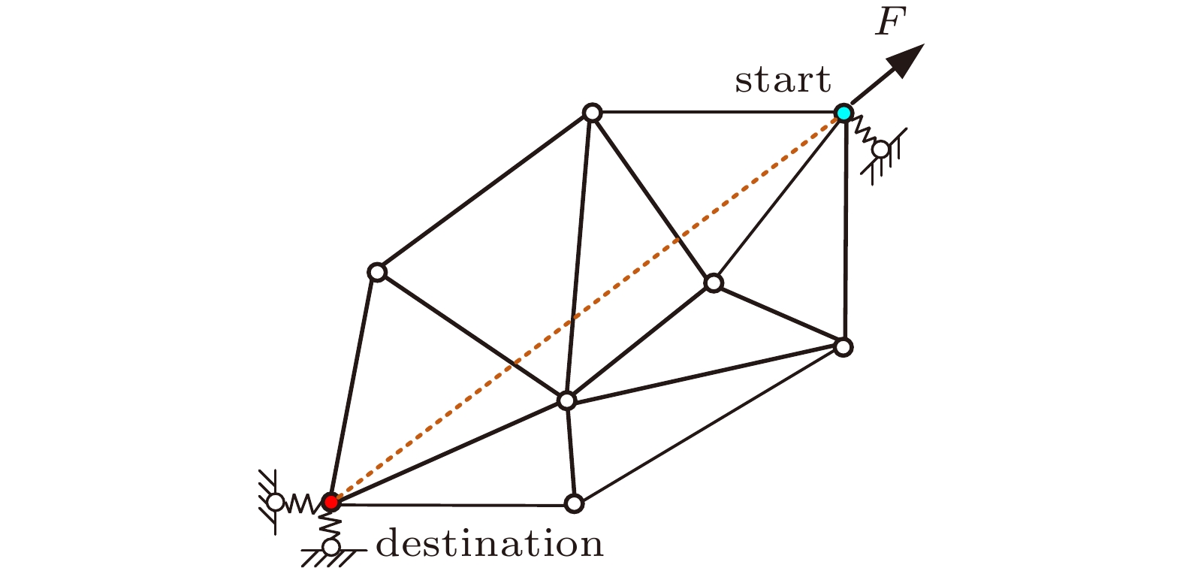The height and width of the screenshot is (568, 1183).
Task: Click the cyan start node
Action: tap(844, 113)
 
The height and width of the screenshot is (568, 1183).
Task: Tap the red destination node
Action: tap(330, 501)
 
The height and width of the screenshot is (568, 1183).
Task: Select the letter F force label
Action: tap(888, 24)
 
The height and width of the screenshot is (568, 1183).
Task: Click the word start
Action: tap(783, 80)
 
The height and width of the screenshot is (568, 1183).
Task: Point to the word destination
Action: tap(490, 543)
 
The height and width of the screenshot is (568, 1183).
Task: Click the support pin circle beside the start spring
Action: tap(881, 150)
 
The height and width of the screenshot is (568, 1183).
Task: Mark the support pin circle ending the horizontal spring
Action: tap(276, 502)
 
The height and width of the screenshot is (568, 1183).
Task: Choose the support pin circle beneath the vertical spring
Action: tap(331, 547)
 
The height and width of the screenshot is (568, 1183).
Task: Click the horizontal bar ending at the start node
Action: tap(717, 113)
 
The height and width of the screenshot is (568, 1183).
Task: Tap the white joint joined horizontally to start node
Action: tap(593, 113)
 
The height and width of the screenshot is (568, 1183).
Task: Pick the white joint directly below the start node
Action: tap(843, 347)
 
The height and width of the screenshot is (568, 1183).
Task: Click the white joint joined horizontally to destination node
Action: tap(575, 503)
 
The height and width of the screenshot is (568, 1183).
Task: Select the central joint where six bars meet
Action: tap(567, 400)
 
